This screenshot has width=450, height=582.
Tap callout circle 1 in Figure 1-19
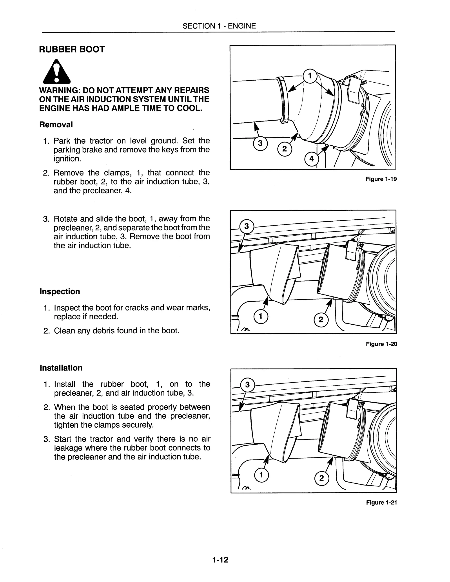[x=310, y=76]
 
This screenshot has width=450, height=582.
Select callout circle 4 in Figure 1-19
[x=311, y=159]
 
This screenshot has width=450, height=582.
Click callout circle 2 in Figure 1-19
[x=285, y=149]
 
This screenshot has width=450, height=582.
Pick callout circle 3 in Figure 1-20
[x=247, y=226]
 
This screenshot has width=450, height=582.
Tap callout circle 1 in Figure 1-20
[x=261, y=316]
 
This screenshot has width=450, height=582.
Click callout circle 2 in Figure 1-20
[x=321, y=320]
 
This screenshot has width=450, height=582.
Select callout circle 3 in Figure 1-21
[x=247, y=385]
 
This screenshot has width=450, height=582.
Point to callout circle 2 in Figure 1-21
[x=321, y=478]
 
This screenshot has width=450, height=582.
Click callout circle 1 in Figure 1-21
[x=261, y=475]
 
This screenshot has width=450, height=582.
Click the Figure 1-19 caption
[x=381, y=179]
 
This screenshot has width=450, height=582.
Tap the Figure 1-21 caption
[x=381, y=502]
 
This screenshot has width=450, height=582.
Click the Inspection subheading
[x=60, y=291]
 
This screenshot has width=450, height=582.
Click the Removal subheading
[x=56, y=125]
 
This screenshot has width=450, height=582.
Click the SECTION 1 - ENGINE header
[x=219, y=26]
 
